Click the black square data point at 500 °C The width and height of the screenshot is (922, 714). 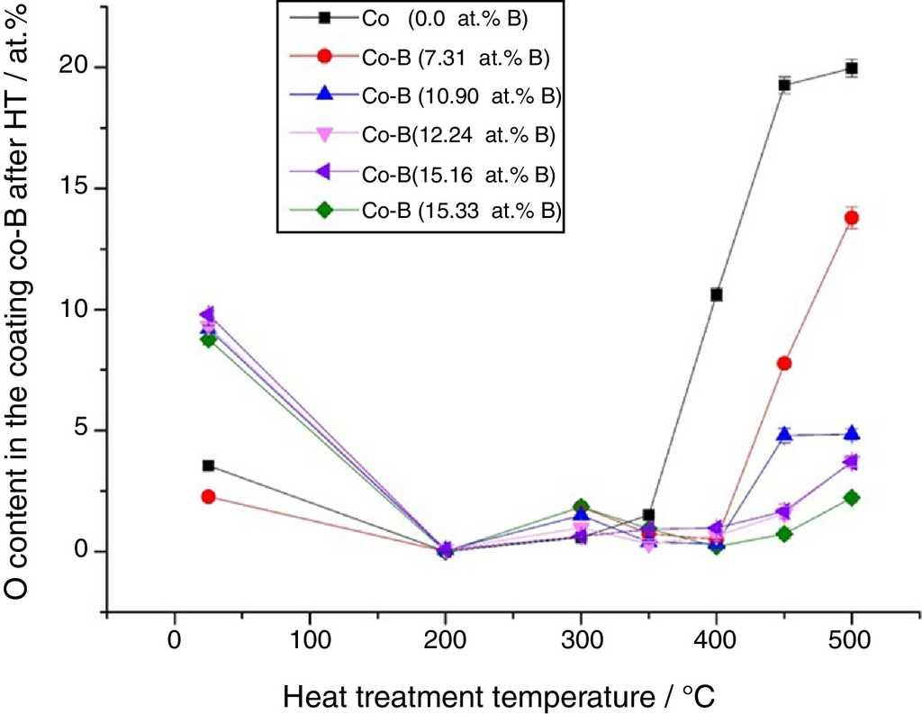[x=851, y=68]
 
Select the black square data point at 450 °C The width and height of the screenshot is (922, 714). [x=784, y=86]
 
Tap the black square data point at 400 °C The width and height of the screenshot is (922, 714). [x=716, y=294]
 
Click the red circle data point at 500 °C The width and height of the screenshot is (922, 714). [x=851, y=218]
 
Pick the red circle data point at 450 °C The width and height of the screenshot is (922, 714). [x=784, y=363]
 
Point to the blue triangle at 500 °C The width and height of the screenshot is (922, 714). [x=851, y=433]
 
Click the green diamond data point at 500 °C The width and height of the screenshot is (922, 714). [x=851, y=498]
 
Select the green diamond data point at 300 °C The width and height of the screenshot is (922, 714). [x=581, y=507]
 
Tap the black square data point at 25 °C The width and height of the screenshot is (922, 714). [x=208, y=465]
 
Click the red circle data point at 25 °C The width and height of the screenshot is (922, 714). [x=208, y=496]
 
